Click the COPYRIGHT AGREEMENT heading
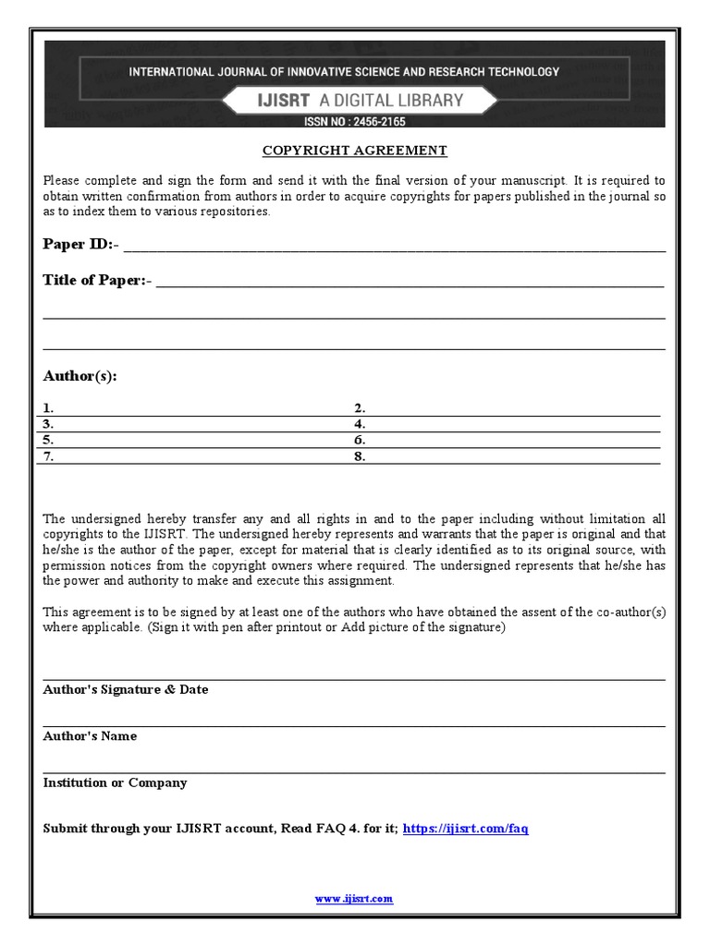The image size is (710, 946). coord(355,150)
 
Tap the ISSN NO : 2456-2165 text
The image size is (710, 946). coord(355,121)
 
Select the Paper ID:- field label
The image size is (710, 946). coord(81,244)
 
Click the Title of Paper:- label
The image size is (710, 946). coord(97,280)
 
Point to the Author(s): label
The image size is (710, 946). coord(80,376)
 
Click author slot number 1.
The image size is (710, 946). coord(48,407)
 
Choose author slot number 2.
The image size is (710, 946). coord(361,407)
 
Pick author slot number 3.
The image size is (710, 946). coord(48,424)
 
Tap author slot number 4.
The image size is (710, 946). coord(361,424)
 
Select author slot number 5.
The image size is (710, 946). coord(48,441)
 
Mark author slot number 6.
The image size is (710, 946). coord(361,441)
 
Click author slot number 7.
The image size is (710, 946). coord(48,456)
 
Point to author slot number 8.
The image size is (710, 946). coord(361,456)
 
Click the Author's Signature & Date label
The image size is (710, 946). coord(126,689)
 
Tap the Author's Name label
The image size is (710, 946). coord(90,736)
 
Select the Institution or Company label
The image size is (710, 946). coord(115,782)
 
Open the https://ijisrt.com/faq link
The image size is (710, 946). coord(466,829)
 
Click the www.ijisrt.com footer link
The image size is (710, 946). coord(354,899)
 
